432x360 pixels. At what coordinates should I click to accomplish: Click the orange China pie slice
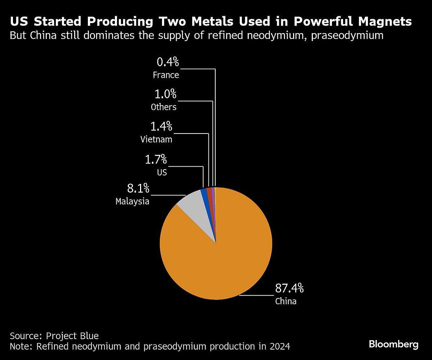pyautogui.click(x=223, y=259)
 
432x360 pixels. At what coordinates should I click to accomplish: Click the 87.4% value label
pyautogui.click(x=289, y=288)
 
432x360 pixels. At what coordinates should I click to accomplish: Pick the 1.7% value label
pyautogui.click(x=156, y=159)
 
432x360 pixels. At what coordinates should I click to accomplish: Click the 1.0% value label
pyautogui.click(x=166, y=94)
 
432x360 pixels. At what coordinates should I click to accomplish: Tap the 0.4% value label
pyautogui.click(x=168, y=62)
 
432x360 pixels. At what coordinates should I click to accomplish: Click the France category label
pyautogui.click(x=166, y=75)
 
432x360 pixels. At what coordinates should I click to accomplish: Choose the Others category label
pyautogui.click(x=164, y=107)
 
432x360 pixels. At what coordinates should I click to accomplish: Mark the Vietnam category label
pyautogui.click(x=156, y=140)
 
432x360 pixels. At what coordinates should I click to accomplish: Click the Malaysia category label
pyautogui.click(x=132, y=202)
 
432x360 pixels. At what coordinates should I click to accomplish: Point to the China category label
pyautogui.click(x=286, y=301)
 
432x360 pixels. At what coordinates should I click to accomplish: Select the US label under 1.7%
pyautogui.click(x=162, y=172)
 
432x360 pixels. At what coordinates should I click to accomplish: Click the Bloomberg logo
pyautogui.click(x=393, y=344)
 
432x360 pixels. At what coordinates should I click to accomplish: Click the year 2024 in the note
pyautogui.click(x=279, y=347)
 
